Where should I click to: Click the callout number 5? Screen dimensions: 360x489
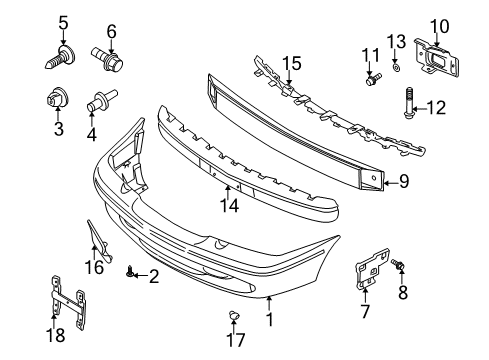click(63, 22)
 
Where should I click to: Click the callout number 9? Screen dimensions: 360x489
click(405, 181)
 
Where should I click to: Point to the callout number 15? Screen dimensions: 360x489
click(291, 63)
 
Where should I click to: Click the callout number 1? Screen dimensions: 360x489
click(268, 321)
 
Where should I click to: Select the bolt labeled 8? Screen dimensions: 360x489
click(400, 265)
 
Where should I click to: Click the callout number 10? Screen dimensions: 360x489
click(438, 25)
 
